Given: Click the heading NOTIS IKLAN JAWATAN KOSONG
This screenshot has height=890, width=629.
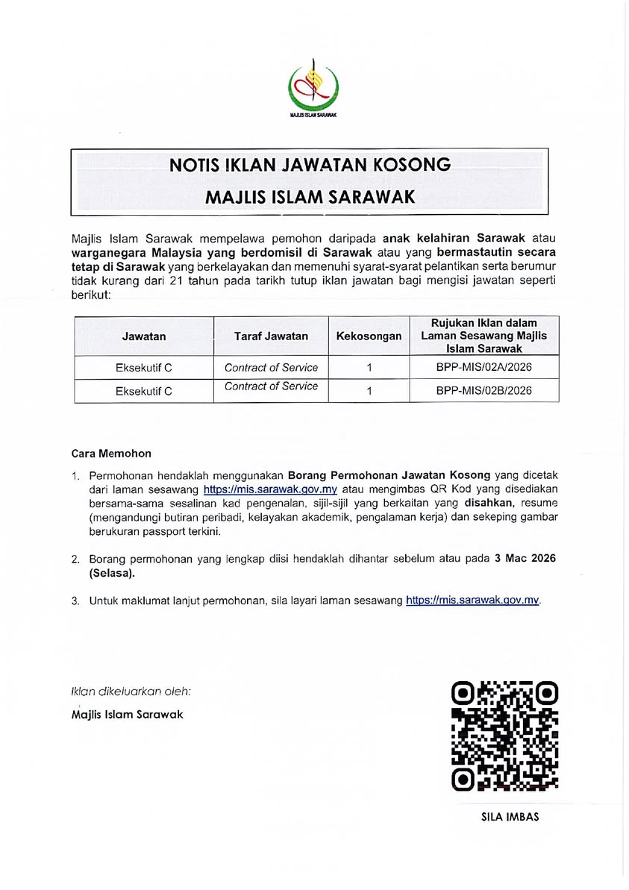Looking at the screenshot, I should (310, 165).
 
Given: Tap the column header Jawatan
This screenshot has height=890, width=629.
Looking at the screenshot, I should (144, 336).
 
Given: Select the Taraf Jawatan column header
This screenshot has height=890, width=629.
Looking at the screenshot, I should (271, 336).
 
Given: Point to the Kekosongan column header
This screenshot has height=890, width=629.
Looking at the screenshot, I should (369, 336).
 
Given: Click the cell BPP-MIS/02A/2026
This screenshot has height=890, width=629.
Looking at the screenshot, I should (484, 367).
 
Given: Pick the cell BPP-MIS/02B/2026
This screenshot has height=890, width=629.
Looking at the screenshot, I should (484, 390).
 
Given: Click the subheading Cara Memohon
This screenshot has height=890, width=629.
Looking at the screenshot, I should (111, 453).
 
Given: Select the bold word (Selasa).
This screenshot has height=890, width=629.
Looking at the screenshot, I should (112, 573).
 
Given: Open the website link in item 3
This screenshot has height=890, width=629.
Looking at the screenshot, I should (472, 601).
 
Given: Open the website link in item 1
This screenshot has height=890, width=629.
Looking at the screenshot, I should (270, 490).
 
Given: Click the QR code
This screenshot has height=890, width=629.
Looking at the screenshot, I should (505, 736).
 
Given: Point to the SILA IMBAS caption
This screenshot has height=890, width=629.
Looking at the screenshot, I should (510, 817).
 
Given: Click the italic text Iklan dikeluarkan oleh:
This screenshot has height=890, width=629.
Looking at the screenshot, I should (131, 692).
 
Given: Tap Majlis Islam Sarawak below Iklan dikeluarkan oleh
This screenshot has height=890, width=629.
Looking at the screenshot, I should (127, 715).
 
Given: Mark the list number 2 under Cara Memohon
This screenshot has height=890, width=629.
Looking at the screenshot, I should (75, 559).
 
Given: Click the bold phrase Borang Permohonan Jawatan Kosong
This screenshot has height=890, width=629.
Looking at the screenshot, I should (389, 475).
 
